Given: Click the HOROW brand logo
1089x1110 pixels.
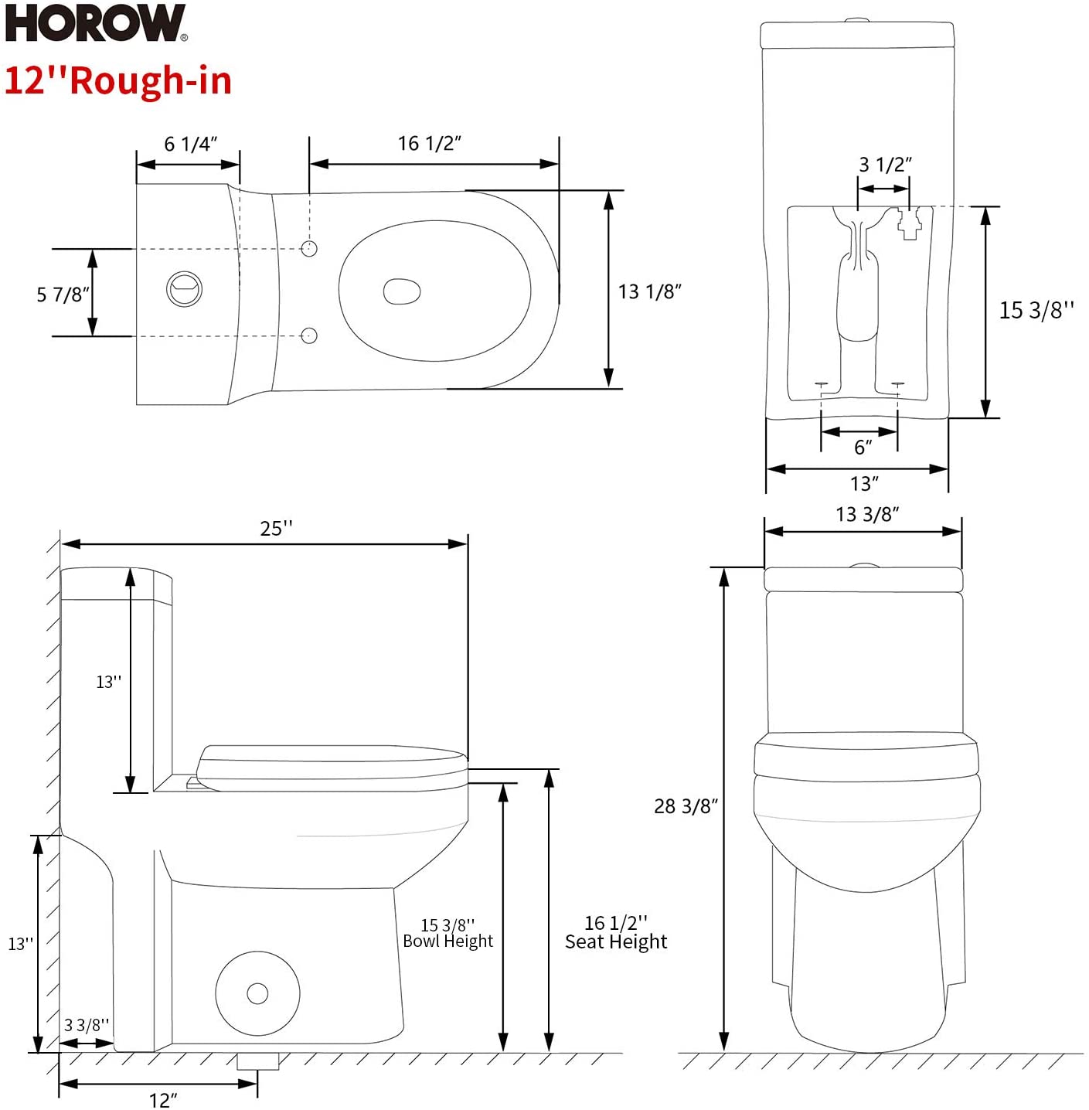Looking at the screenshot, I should [x=96, y=23].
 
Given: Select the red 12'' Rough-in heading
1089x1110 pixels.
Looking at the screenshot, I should [x=118, y=81].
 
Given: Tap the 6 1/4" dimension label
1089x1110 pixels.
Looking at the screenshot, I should [x=190, y=145].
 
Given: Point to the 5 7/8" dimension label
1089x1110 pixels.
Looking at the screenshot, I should [x=63, y=295].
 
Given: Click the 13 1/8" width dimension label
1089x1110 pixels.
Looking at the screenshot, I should [x=649, y=291].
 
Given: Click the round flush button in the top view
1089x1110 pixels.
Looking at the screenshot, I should [x=185, y=289].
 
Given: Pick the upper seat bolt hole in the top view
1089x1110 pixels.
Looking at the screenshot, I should [x=309, y=248].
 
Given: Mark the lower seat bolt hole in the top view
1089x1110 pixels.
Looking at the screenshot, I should [x=309, y=335].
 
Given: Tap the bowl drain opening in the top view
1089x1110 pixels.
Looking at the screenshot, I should [x=402, y=291].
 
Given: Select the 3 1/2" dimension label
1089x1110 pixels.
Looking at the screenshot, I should [x=885, y=165].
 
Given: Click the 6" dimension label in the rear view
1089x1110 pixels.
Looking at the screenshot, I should [x=863, y=448].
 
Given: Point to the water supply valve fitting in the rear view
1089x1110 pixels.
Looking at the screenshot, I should [x=909, y=224].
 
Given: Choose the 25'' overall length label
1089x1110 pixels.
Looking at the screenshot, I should [x=276, y=529].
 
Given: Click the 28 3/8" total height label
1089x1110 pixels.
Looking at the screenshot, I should [x=686, y=806].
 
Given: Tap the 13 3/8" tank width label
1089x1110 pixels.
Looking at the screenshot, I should [x=866, y=515].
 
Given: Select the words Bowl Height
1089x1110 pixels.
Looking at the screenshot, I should [x=448, y=941].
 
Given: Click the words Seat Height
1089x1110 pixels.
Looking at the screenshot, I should [x=616, y=942].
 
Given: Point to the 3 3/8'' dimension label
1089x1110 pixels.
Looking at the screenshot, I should [x=87, y=1025].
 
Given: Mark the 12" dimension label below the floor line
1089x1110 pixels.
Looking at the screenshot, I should [x=163, y=1100].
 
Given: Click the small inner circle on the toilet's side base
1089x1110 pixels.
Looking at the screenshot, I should [x=257, y=993].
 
